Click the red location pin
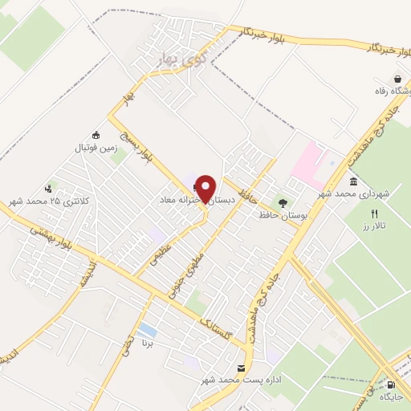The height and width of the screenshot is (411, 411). (206, 189)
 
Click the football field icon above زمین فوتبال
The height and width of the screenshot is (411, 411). (96, 135)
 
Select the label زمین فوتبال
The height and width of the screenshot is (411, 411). (96, 149)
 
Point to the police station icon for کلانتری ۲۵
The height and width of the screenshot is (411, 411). (51, 187)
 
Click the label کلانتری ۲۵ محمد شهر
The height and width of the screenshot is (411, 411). (46, 200)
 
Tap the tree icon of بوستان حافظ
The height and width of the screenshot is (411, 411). (282, 202)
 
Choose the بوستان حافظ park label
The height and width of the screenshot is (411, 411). (274, 215)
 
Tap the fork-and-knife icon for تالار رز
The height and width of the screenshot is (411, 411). (373, 214)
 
